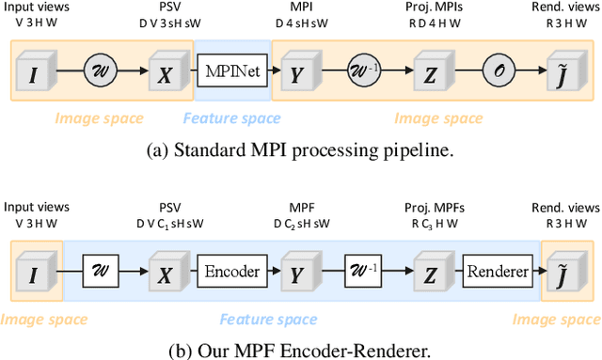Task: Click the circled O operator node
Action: (x=499, y=70)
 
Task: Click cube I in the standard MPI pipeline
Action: (x=37, y=70)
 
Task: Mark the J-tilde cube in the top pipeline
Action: (x=562, y=70)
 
